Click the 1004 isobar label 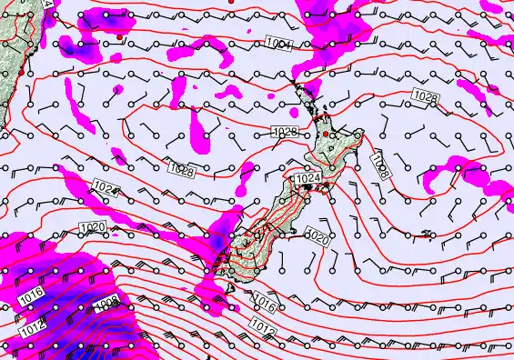click(x=279, y=44)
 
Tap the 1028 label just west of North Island click(x=286, y=133)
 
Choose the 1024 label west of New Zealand click(x=106, y=188)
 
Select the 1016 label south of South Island click(x=264, y=299)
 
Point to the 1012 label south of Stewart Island click(x=261, y=325)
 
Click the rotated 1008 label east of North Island click(x=380, y=165)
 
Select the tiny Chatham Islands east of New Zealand click(x=428, y=234)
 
